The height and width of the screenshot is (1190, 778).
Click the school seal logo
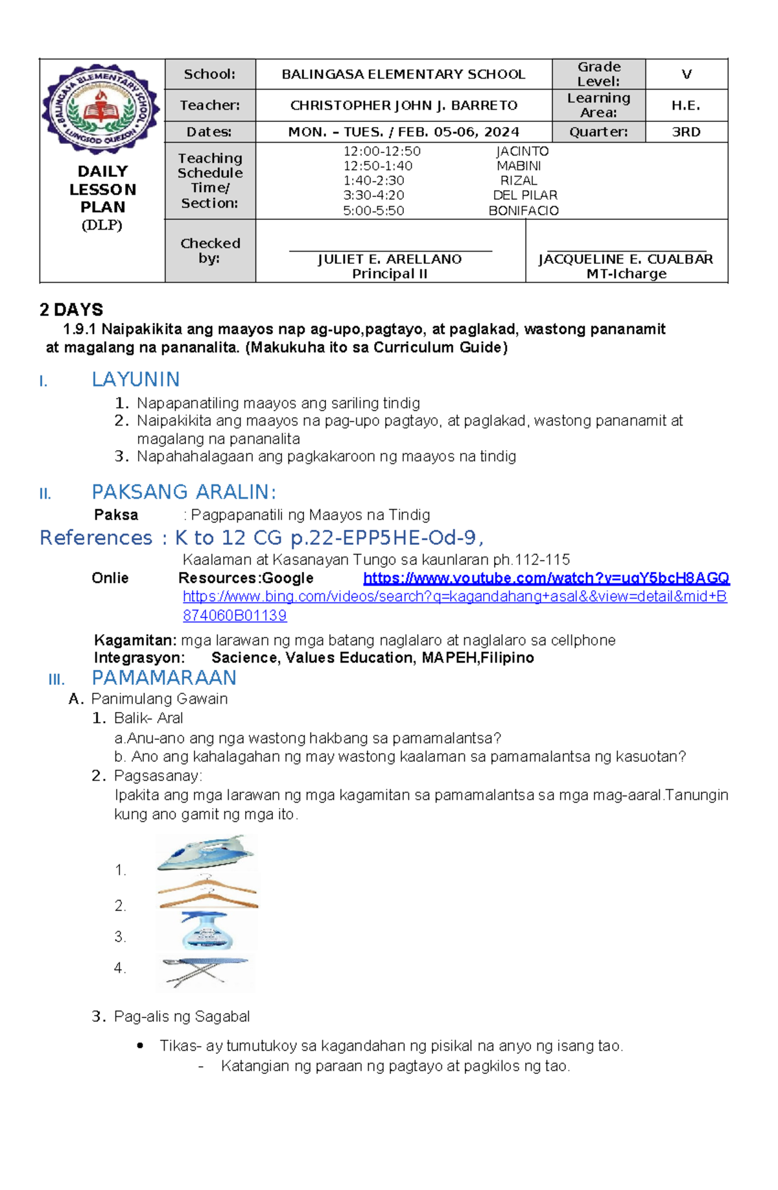pos(101,109)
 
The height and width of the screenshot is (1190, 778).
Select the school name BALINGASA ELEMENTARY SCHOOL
pos(403,75)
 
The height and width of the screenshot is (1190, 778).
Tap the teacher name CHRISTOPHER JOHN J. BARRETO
pos(403,105)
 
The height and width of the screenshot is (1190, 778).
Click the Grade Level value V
pos(686,75)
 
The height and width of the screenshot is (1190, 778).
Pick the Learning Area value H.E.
pos(686,105)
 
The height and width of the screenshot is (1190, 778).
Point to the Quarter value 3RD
pos(686,132)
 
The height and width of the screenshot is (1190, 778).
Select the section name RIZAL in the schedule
pos(519,181)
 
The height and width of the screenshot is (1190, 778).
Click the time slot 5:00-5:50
pos(373,211)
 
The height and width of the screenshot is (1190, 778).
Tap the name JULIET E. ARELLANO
pos(390,259)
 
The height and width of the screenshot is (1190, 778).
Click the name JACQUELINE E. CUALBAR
pos(626,259)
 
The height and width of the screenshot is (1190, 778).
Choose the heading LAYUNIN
pos(136,379)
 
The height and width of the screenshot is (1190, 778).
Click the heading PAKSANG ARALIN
pos(183,492)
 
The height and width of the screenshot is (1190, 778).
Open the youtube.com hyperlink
pos(546,578)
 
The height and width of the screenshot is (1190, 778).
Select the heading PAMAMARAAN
pos(163,678)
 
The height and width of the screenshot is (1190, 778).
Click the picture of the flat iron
pos(206,853)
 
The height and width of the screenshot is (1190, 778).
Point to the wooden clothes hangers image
pos(207,892)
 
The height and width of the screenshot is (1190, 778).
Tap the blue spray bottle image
pos(206,931)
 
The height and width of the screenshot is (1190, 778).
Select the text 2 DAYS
pos(71,310)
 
